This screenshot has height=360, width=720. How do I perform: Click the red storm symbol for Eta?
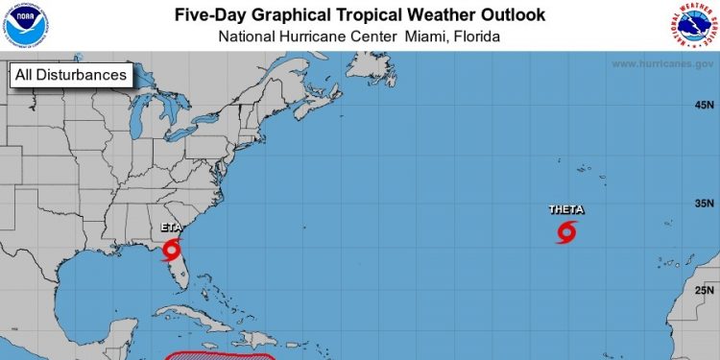pos(171,251)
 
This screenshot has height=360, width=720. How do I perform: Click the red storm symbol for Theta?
pos(566,231)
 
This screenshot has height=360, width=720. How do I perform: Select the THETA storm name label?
pos(565,209)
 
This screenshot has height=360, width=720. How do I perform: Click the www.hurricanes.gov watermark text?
pos(661,64)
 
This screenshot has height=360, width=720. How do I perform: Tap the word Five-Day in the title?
pos(210,14)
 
